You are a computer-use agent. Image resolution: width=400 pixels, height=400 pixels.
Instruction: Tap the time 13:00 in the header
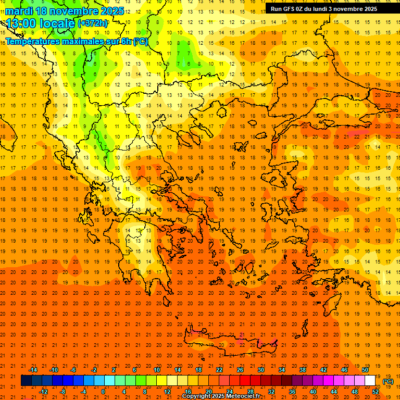pos(21,23)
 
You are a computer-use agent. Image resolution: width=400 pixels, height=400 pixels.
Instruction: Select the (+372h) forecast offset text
pos(93,23)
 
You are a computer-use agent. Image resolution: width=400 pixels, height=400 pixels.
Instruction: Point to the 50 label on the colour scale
pos(365,370)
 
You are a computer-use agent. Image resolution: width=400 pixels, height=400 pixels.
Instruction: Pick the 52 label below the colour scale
pos(376,391)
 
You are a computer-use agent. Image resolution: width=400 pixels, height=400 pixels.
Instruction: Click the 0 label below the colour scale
pos(103,391)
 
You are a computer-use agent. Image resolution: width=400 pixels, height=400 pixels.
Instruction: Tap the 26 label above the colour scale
pos(240,370)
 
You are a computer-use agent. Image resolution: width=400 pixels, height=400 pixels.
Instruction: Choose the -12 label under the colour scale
pos(43,391)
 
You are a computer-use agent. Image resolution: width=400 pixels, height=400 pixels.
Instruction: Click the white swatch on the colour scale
pos(370,381)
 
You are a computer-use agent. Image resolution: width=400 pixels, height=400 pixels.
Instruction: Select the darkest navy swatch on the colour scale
pos(27,381)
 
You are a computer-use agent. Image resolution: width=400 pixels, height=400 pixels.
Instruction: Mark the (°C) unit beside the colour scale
pos(388,381)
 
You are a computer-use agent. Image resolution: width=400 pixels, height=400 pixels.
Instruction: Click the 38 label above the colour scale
pos(303,370)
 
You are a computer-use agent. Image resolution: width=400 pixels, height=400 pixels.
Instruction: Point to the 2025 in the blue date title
pos(111,11)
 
